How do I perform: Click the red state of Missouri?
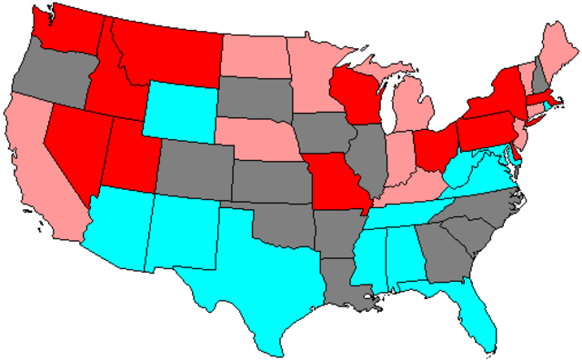pos(341,186)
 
